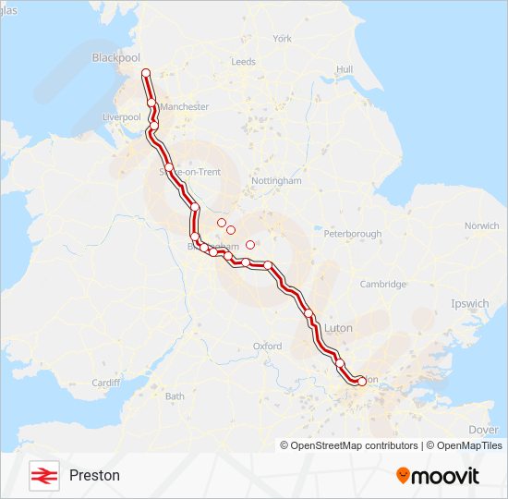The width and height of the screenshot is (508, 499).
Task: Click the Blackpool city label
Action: pyautogui.click(x=115, y=57)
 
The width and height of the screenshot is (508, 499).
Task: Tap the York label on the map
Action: pyautogui.click(x=282, y=39)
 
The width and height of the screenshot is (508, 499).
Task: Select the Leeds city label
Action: pyautogui.click(x=244, y=62)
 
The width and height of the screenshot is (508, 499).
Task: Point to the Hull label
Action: pyautogui.click(x=345, y=69)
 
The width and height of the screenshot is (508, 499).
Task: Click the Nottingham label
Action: pyautogui.click(x=277, y=181)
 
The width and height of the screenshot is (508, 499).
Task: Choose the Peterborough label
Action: pyautogui.click(x=352, y=234)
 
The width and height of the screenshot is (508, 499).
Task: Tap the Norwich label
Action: pyautogui.click(x=481, y=225)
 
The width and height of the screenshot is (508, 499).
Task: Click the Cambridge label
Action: pyautogui.click(x=382, y=285)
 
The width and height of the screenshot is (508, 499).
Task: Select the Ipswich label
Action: pyautogui.click(x=470, y=304)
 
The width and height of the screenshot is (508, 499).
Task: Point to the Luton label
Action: pyautogui.click(x=339, y=328)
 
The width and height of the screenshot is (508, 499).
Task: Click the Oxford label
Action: pyautogui.click(x=267, y=347)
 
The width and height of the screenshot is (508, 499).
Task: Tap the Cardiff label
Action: pyautogui.click(x=106, y=383)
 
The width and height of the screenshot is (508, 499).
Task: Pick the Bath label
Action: pyautogui.click(x=175, y=396)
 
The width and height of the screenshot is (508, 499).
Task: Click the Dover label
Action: pyautogui.click(x=484, y=430)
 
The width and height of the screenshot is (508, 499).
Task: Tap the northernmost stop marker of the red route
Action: pyautogui.click(x=146, y=73)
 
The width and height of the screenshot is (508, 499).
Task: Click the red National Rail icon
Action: pyautogui.click(x=42, y=475)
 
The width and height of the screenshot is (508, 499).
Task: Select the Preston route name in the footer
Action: pyautogui.click(x=94, y=476)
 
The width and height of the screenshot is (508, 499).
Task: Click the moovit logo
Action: pyautogui.click(x=438, y=476)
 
